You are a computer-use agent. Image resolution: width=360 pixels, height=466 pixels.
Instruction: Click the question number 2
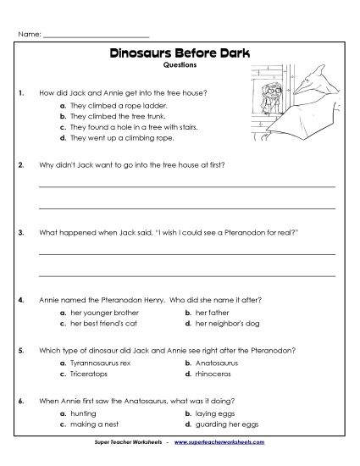[19, 164]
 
